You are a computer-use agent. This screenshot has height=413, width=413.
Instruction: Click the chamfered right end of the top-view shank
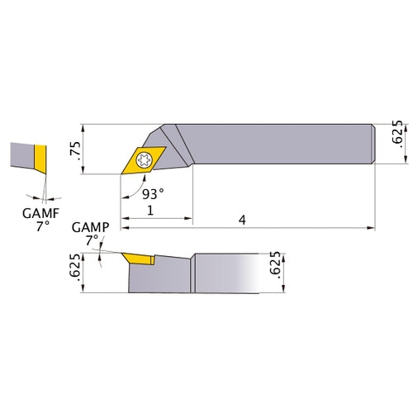(x=375, y=142)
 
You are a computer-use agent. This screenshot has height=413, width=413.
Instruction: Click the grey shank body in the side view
(x=231, y=273)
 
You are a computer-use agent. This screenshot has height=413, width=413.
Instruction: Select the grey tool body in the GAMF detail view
(x=21, y=155)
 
